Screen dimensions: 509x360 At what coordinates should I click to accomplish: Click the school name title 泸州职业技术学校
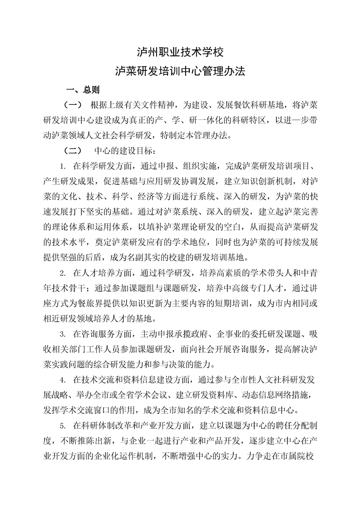click(180, 52)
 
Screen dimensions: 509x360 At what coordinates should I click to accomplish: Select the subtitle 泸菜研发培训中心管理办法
click(180, 71)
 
